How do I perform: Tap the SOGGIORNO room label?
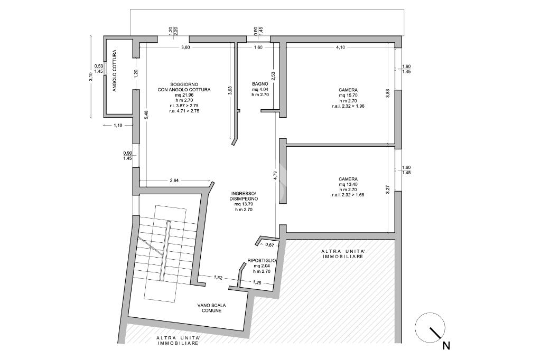[x=184, y=84]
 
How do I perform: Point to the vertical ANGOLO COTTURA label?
[x=115, y=70]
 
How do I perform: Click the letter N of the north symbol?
[x=446, y=345]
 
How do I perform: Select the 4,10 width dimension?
[x=340, y=48]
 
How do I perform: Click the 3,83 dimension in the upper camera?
[x=387, y=93]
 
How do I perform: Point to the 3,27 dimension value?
[x=387, y=190]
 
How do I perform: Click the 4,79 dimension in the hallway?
[x=275, y=175]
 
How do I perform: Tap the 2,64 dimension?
[x=174, y=181]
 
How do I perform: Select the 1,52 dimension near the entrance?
[x=218, y=277]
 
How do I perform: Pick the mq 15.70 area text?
[x=348, y=96]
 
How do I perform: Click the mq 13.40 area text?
[x=348, y=184]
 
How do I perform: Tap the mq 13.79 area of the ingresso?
[x=243, y=204]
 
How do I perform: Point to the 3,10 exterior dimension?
[x=90, y=76]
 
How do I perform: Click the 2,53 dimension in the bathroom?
[x=273, y=76]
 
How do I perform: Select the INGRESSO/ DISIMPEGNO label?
[x=243, y=196]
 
